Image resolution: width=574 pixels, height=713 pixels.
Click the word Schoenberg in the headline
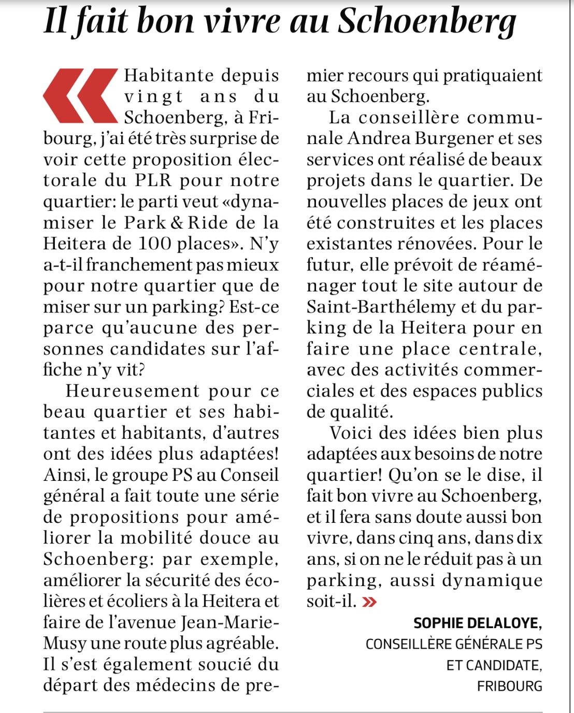tap(427, 22)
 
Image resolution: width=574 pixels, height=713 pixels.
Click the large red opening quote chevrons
tap(80, 95)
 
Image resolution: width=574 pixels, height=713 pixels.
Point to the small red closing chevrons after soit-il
tap(370, 602)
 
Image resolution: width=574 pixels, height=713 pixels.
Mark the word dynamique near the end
tap(492, 580)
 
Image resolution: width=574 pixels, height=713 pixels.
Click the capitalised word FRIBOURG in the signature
tap(509, 686)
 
